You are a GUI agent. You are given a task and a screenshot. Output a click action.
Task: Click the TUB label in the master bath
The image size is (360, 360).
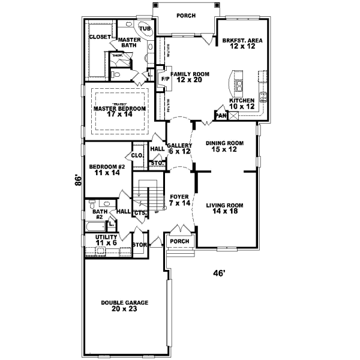click(145, 28)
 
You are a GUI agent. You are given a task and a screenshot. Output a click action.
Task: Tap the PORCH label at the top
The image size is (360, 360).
click(185, 16)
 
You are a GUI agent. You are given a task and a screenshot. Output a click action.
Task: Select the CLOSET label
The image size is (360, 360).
click(100, 37)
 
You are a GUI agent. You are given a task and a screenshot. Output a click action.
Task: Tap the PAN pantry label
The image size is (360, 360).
click(220, 115)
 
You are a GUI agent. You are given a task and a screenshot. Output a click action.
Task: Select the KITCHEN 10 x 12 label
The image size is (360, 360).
click(242, 103)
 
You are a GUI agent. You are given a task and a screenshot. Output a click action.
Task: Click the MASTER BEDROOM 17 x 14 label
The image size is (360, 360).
click(120, 112)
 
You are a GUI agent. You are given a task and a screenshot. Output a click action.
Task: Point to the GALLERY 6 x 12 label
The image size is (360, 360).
click(179, 148)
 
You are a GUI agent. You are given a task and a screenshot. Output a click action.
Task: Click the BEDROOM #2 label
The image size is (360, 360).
click(107, 169)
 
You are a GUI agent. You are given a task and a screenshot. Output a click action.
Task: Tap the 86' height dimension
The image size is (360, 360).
click(77, 180)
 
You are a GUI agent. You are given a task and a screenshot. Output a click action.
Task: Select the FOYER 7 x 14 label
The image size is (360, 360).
click(179, 199)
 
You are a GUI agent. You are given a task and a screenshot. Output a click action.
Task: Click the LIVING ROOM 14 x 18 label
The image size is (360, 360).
click(224, 208)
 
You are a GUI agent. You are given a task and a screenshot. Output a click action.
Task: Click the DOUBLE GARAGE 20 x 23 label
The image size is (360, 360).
click(124, 305)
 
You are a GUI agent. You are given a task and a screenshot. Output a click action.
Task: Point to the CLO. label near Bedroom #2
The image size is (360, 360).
click(137, 155)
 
